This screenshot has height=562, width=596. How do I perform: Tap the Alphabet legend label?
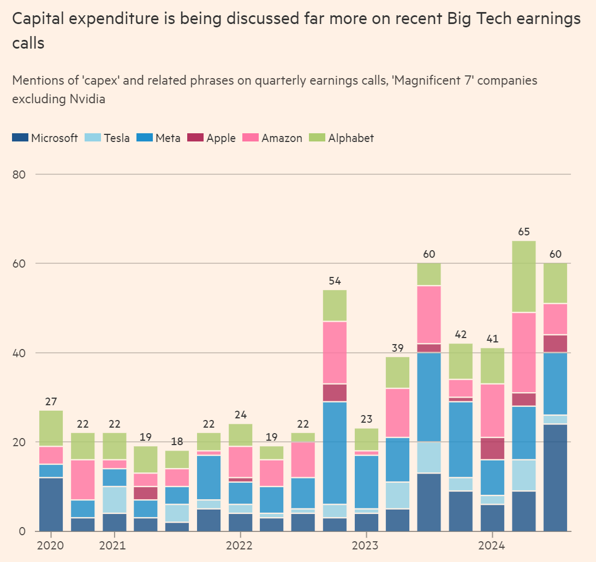[351, 138]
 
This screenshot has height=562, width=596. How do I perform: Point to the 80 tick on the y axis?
[20, 174]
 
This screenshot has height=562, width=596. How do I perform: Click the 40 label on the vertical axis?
[20, 353]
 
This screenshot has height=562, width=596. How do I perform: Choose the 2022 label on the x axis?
[239, 546]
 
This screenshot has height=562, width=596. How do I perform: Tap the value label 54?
[334, 281]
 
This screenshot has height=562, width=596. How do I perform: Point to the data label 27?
[50, 401]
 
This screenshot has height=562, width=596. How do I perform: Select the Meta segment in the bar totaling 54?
[334, 453]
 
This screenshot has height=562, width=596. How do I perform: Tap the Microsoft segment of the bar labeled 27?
[51, 504]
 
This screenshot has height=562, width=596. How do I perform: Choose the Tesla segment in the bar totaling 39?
[397, 495]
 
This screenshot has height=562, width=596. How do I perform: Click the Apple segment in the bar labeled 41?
[493, 448]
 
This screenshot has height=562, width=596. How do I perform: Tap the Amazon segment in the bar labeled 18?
[177, 477]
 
